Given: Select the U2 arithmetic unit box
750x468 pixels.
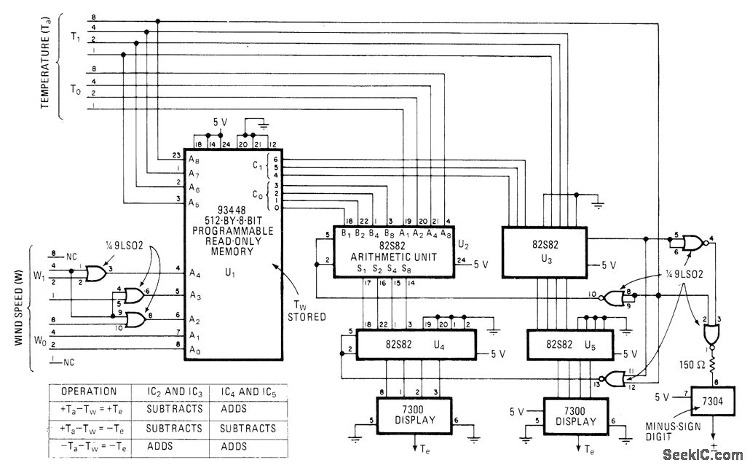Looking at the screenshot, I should [395, 251].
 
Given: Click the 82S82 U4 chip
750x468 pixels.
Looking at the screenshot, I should [411, 344].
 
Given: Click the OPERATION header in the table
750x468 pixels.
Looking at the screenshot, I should [88, 391].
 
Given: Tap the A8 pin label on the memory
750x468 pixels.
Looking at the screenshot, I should [192, 159].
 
